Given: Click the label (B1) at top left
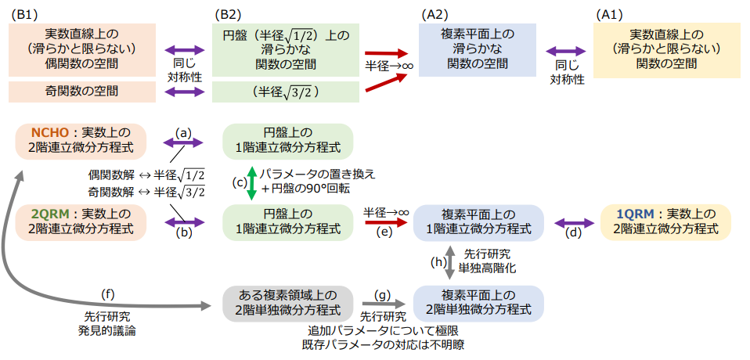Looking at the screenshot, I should coord(22,13).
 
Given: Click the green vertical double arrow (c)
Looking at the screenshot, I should coord(251,181).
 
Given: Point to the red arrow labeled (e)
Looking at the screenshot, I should coord(387,223).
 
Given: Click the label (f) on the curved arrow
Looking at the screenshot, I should coord(109,293).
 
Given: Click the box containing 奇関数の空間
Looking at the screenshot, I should coord(82,92).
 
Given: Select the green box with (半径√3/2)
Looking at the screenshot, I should coord(287,92).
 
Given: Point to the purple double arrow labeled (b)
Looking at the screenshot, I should coord(183,223).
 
